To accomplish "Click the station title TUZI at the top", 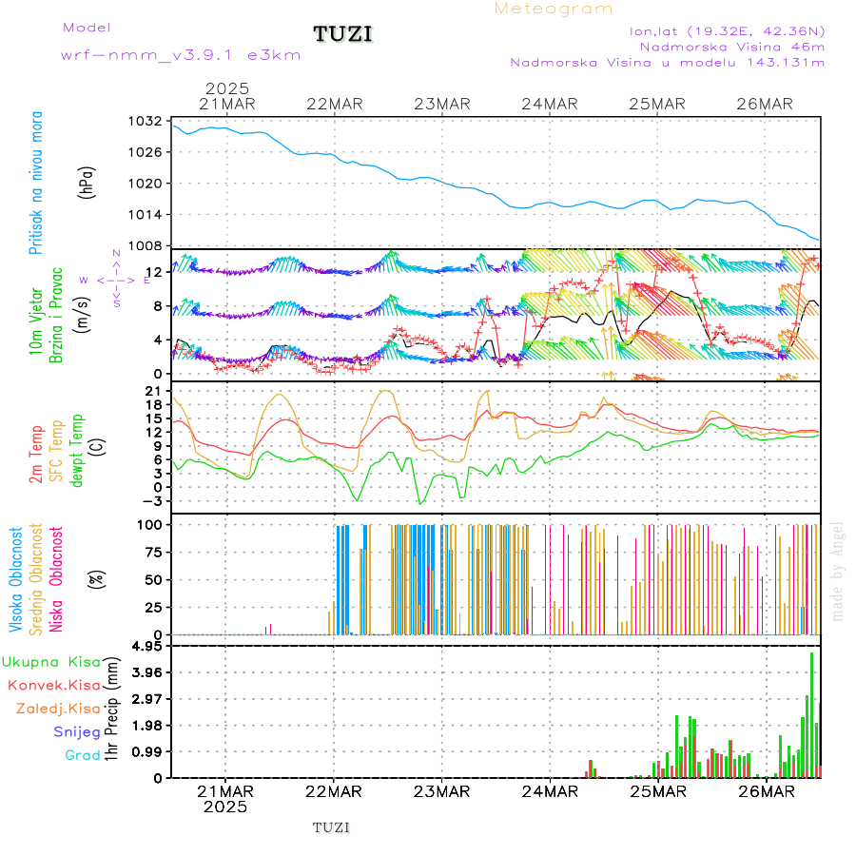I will (x=343, y=34).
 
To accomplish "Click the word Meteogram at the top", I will (x=554, y=9).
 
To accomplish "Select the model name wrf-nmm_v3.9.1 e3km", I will (x=181, y=55).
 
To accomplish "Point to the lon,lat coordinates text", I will (x=727, y=30).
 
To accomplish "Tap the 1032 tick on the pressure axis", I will (x=148, y=122).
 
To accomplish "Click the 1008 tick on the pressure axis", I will (x=148, y=245).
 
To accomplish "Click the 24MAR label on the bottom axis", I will (x=549, y=790).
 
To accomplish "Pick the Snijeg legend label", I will (x=78, y=732).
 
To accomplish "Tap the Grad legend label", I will (x=83, y=756).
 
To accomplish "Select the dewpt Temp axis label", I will (x=77, y=445).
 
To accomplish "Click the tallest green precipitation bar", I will (x=811, y=713).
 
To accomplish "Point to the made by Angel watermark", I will (x=838, y=571).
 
